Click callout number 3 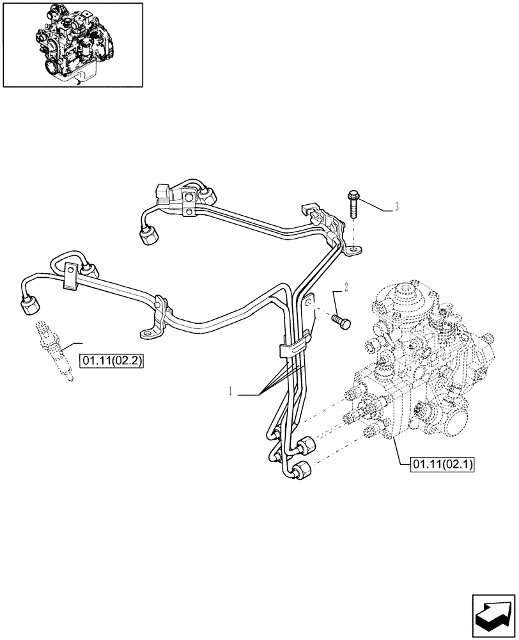click(397, 207)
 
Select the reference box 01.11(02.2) click(111, 362)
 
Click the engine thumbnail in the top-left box click(72, 44)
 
